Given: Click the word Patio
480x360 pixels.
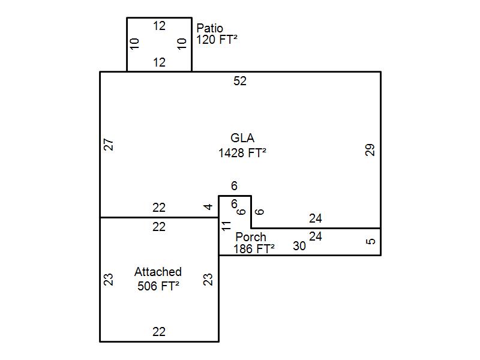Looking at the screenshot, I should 210,28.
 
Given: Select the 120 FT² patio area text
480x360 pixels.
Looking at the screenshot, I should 217,40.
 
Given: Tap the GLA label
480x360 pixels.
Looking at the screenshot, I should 242,139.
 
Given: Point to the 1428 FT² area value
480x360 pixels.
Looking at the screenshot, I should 242,153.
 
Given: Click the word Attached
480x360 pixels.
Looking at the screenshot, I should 158,272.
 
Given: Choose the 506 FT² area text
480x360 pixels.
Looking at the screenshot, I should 158,286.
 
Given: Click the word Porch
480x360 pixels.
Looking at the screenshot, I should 251,237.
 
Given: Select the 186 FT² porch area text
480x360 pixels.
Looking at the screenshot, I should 254,249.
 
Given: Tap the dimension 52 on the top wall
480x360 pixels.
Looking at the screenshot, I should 240,81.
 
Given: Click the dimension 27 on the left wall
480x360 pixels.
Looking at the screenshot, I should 109,145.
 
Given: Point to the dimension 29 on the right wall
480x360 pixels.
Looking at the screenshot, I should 370,150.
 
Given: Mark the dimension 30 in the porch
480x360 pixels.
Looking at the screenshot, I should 299,246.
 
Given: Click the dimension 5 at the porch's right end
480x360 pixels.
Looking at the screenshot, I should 371,242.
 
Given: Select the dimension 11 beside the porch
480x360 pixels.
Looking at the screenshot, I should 226,226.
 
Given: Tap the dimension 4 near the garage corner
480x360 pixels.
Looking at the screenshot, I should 208,207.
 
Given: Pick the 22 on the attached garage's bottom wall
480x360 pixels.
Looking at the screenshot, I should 159,332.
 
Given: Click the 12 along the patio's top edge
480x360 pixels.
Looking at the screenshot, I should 159,26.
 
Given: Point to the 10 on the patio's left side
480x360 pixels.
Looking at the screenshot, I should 135,44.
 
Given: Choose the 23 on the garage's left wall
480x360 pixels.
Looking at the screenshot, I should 109,280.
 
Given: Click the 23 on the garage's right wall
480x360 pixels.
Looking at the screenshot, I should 208,280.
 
